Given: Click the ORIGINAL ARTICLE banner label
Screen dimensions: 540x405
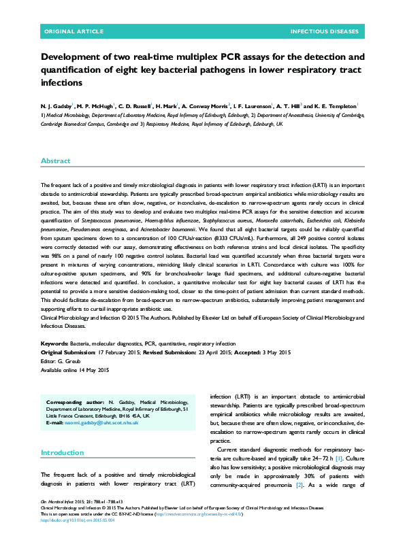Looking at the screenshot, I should tap(74, 32).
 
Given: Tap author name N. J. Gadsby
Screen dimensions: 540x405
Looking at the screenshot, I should tap(56, 107).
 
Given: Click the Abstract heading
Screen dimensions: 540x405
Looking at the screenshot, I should tap(55, 161).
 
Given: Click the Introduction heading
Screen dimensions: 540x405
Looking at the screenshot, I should tap(63, 452).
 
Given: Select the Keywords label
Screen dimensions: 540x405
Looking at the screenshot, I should tap(54, 343).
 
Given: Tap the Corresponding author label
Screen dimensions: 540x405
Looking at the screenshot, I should tap(74, 403).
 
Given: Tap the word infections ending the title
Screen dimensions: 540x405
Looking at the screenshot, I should tap(62, 82).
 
